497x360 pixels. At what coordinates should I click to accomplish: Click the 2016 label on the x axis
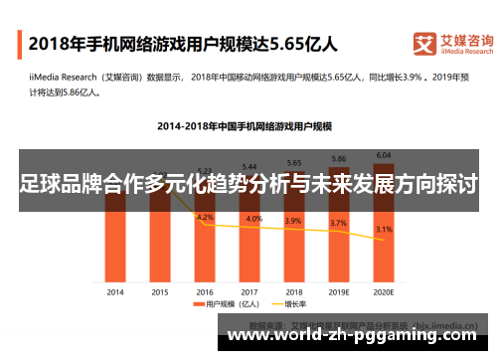click(205, 291)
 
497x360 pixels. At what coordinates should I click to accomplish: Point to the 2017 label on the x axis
click(249, 291)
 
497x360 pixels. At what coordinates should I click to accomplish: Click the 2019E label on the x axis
click(339, 291)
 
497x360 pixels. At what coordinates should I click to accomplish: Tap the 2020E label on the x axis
click(384, 291)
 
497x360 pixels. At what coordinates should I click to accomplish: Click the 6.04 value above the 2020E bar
click(384, 155)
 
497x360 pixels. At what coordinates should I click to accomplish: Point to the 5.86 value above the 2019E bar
click(339, 159)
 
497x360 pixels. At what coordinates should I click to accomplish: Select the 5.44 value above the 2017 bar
click(249, 166)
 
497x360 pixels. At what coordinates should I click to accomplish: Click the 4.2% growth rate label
click(206, 217)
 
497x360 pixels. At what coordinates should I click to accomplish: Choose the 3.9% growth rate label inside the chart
click(294, 220)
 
